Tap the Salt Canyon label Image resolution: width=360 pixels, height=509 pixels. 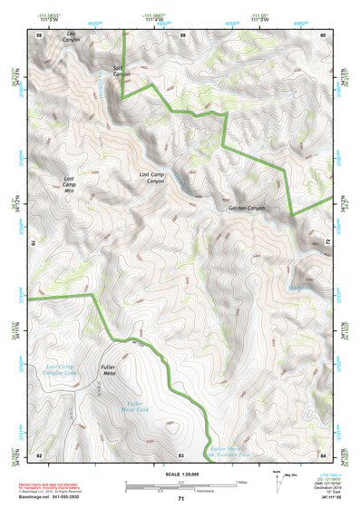tap(122, 71)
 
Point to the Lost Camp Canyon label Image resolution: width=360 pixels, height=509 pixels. tap(151, 178)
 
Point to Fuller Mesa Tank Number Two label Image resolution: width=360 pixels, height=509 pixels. tap(228, 451)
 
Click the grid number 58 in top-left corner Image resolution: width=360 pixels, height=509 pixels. tap(38, 34)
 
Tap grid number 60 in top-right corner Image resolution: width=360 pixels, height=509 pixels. tap(323, 34)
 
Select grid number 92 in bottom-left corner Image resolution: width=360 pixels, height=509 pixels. tap(38, 454)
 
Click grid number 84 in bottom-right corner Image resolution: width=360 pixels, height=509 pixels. tap(323, 454)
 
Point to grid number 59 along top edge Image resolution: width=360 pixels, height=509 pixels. tap(182, 34)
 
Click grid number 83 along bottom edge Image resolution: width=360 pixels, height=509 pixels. tap(181, 454)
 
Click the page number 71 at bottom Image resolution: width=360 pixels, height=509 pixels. tap(181, 499)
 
